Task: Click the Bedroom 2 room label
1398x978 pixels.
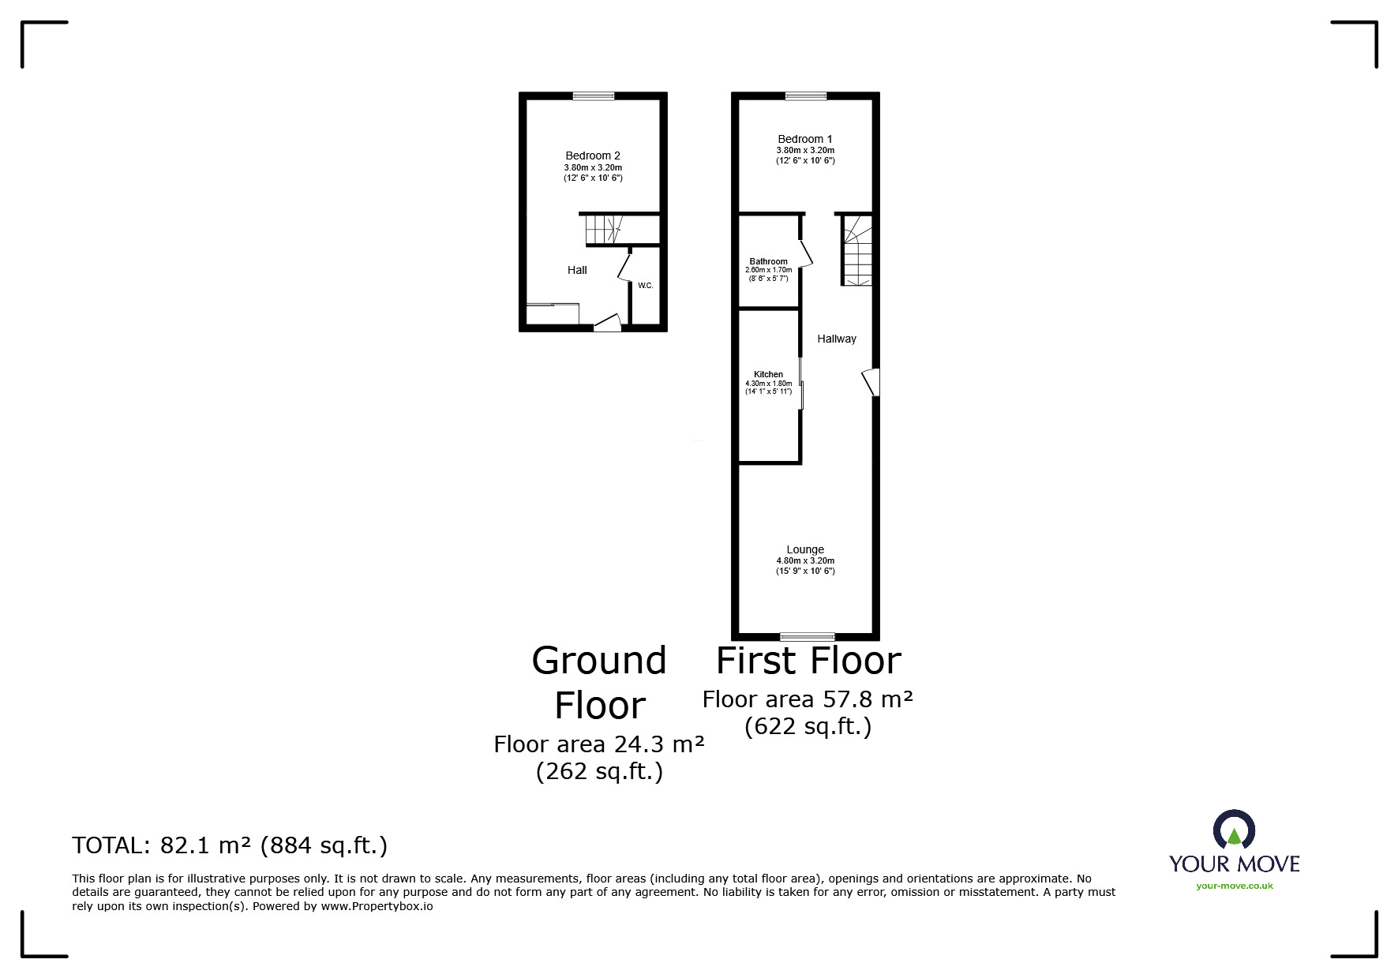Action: pyautogui.click(x=592, y=156)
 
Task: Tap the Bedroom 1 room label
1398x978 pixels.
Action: pyautogui.click(x=804, y=139)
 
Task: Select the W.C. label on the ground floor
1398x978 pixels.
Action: pyautogui.click(x=645, y=286)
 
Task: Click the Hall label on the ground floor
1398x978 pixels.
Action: pyautogui.click(x=577, y=270)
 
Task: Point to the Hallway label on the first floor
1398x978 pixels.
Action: pyautogui.click(x=836, y=339)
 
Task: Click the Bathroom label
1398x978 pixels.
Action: pyautogui.click(x=768, y=261)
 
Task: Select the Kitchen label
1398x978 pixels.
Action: pyautogui.click(x=768, y=374)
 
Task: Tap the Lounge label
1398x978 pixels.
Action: pyautogui.click(x=804, y=549)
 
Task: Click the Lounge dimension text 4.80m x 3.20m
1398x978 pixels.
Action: pyautogui.click(x=804, y=561)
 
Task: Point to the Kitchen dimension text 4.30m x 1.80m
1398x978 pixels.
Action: pyautogui.click(x=768, y=384)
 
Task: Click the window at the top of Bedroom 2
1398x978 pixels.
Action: pyautogui.click(x=593, y=96)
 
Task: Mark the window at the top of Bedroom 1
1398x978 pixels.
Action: pyautogui.click(x=805, y=96)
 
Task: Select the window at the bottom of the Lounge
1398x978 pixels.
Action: pyautogui.click(x=807, y=636)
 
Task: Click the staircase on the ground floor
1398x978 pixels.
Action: pyautogui.click(x=604, y=230)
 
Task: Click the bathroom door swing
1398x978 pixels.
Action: pyautogui.click(x=805, y=254)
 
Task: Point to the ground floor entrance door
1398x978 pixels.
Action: pyautogui.click(x=607, y=322)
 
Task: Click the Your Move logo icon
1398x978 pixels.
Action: pyautogui.click(x=1233, y=830)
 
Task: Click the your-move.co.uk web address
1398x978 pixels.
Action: pyautogui.click(x=1234, y=886)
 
